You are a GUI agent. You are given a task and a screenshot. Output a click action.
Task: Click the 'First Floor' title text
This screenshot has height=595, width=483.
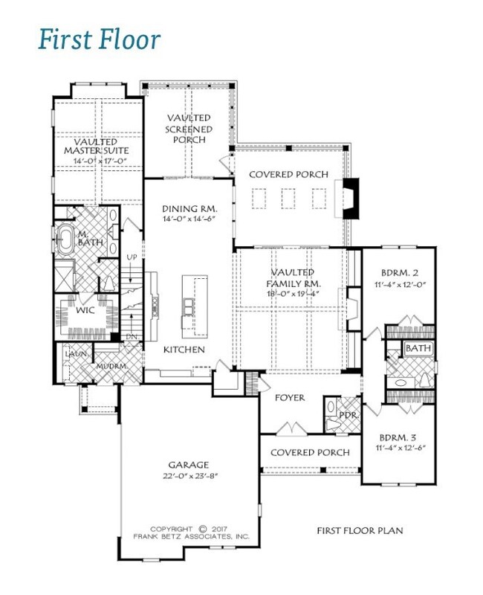pos(100,39)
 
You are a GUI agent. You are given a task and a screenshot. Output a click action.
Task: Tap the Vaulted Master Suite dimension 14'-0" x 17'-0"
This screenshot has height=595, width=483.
pos(100,161)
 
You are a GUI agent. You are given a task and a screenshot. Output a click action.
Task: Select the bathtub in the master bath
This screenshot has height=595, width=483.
pos(65,239)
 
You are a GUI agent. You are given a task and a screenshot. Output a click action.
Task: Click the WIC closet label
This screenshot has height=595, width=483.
pos(85,310)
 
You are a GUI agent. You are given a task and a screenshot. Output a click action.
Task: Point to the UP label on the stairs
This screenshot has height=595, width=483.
pos(132,257)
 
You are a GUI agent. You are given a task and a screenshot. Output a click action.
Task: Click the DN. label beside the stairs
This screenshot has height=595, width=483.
pos(133,337)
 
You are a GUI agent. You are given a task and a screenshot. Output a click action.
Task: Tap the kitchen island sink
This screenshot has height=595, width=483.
pos(189,306)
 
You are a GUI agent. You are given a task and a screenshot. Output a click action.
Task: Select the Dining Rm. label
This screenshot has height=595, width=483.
pos(189,209)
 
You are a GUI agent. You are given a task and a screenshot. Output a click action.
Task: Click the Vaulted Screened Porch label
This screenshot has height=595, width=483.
pos(189,129)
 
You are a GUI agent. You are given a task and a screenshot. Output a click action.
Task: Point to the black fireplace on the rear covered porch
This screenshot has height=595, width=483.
pos(351,198)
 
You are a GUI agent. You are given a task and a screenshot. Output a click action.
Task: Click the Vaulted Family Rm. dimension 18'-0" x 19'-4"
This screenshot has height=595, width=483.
pos(293,293)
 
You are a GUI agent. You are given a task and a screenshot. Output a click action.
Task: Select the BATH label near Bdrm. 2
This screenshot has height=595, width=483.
pos(418,348)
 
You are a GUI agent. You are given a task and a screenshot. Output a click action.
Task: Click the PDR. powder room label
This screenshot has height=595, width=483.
pos(349,416)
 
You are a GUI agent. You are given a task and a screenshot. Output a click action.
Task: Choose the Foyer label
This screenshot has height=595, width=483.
pos(290,398)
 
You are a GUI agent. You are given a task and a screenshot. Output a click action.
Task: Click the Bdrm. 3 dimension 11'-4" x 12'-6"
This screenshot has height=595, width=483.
pos(401,448)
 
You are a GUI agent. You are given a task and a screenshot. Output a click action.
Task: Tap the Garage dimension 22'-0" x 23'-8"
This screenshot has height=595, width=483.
pos(189,476)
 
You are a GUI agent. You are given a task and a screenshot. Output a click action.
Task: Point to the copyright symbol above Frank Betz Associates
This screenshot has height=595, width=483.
pos(203,529)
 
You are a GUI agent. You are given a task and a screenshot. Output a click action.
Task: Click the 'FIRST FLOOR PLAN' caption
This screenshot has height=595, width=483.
pos(360,530)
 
